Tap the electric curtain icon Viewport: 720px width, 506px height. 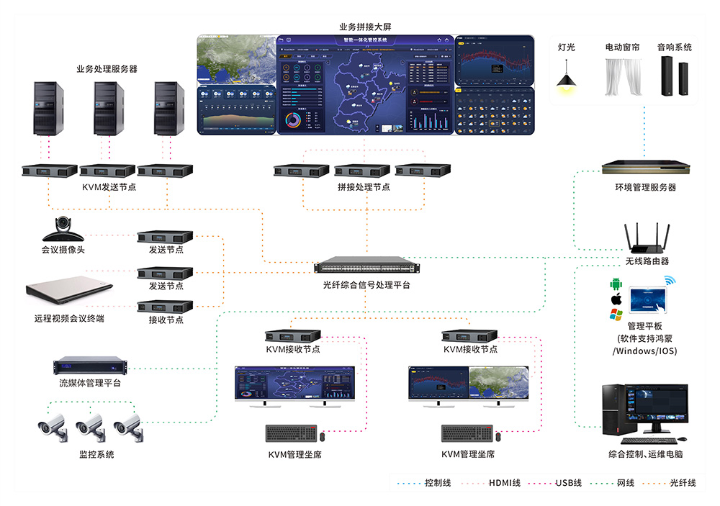tap(622, 76)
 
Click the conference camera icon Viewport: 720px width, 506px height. tap(64, 230)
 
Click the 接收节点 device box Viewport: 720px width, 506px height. tap(166, 306)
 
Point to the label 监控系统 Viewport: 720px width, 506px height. tap(96, 455)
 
